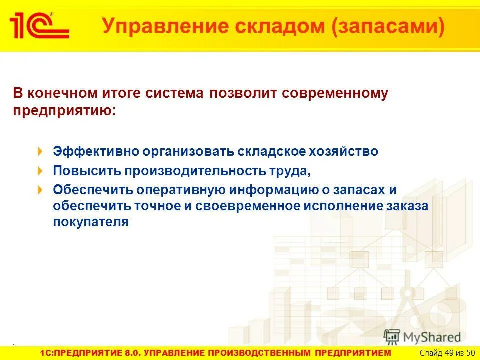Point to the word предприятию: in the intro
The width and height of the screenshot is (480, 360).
64,110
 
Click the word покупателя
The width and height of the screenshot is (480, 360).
91,222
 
